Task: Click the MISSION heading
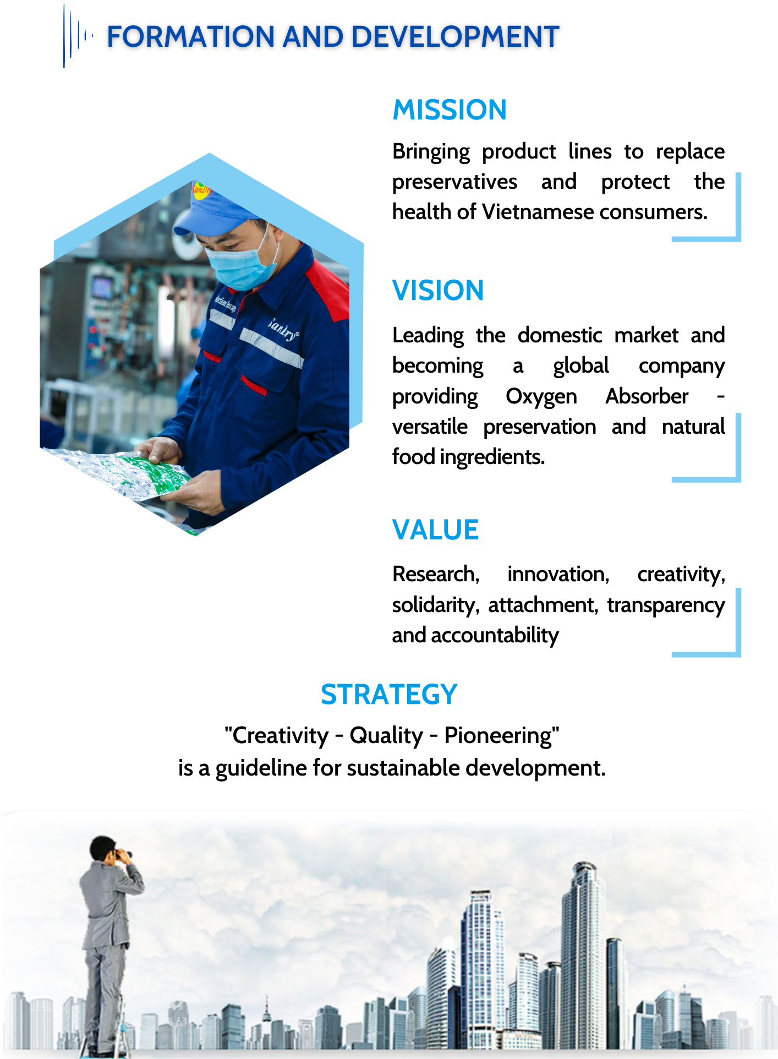tap(450, 110)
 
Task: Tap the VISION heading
tap(438, 290)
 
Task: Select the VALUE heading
tap(435, 530)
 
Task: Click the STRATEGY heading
tap(389, 694)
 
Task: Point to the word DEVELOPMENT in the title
tap(455, 37)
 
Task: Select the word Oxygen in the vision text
tap(541, 397)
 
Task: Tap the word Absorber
tap(647, 396)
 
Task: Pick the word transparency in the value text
tap(666, 605)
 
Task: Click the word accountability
tap(495, 636)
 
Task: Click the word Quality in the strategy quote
tap(386, 736)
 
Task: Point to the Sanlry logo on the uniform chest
tap(283, 329)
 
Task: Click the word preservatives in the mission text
tap(454, 182)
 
